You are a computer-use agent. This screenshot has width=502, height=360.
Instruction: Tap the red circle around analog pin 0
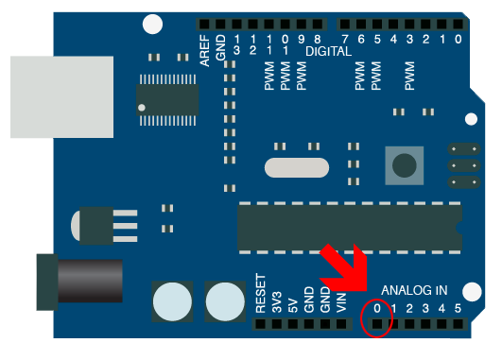[x=376, y=318]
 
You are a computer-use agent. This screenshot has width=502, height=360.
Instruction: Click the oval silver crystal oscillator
[x=297, y=167]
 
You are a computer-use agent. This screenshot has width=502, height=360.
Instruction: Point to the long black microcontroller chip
[x=346, y=227]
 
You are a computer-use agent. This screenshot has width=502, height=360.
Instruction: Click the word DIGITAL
[x=327, y=51]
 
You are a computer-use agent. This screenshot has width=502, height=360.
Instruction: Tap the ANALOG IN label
[x=414, y=290]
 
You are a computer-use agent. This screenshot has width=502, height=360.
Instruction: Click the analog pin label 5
[x=459, y=308]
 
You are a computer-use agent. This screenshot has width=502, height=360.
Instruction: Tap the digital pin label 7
[x=345, y=39]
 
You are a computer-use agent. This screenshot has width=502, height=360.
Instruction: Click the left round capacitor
[x=173, y=301]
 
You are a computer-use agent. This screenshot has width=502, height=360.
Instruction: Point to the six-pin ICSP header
[x=460, y=165]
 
